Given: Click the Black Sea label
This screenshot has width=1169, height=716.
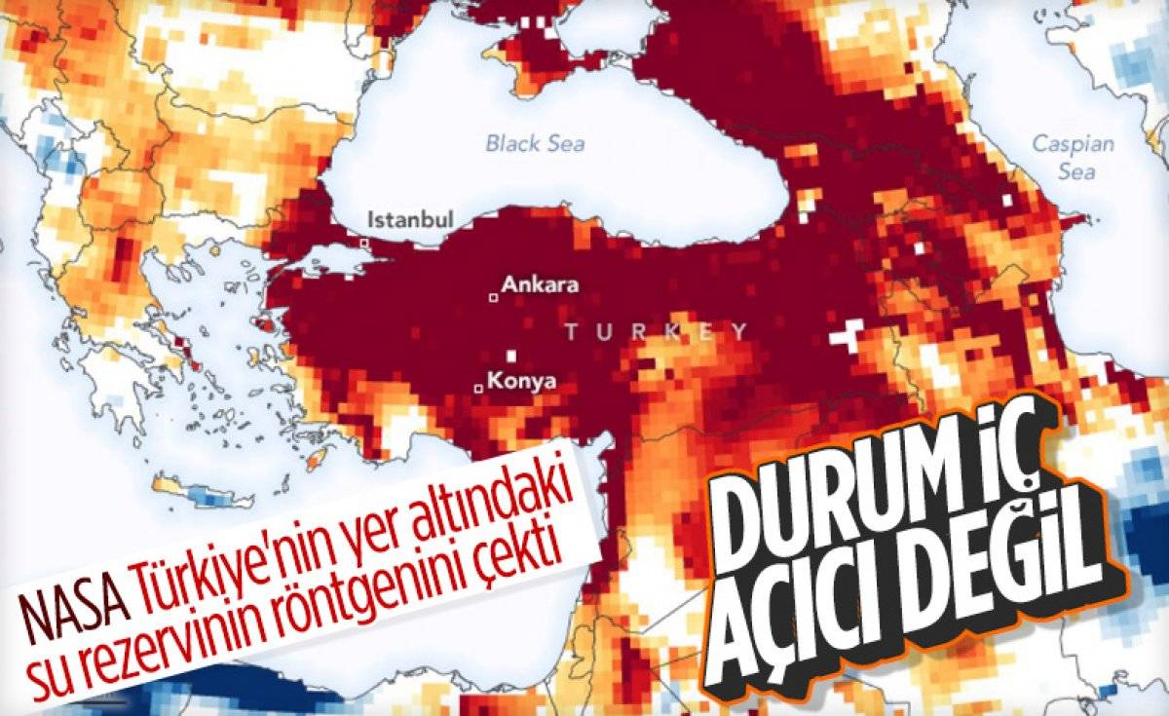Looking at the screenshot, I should [536, 144].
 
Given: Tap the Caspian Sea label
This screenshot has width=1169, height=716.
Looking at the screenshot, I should [1073, 158].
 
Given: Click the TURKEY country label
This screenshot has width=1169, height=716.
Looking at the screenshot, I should [658, 332].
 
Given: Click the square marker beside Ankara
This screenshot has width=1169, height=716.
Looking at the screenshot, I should [494, 297].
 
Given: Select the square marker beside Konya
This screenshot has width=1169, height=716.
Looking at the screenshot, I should [477, 390].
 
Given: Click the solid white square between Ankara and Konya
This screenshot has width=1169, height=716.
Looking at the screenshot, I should [510, 357].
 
